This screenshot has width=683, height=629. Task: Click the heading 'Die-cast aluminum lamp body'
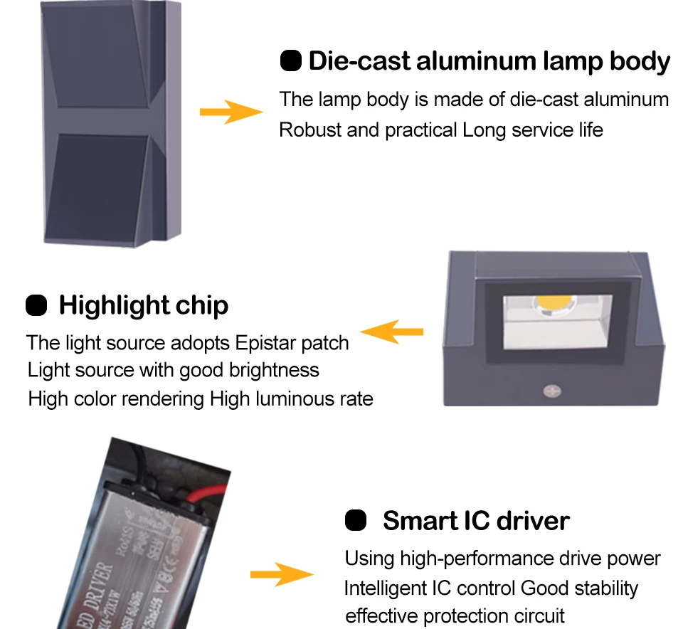pos(489,62)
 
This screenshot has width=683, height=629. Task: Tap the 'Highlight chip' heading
pos(143,305)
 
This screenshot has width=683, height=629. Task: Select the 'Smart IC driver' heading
pos(476,521)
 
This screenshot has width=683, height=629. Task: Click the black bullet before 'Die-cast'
pos(291,61)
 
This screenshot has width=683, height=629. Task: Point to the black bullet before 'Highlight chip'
pos(36,305)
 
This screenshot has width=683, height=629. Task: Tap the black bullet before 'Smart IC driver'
pos(356,520)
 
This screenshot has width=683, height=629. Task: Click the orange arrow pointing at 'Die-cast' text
pos(231,112)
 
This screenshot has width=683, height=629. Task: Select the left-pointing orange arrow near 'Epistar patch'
pos(392,332)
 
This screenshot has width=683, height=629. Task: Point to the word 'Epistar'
pos(265,343)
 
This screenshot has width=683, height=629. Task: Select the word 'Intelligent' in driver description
pos(387,588)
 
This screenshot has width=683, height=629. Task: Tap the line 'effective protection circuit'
pos(455,615)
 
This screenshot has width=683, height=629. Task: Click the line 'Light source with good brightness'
pos(173,370)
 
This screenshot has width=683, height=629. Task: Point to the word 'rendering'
pos(164,398)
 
